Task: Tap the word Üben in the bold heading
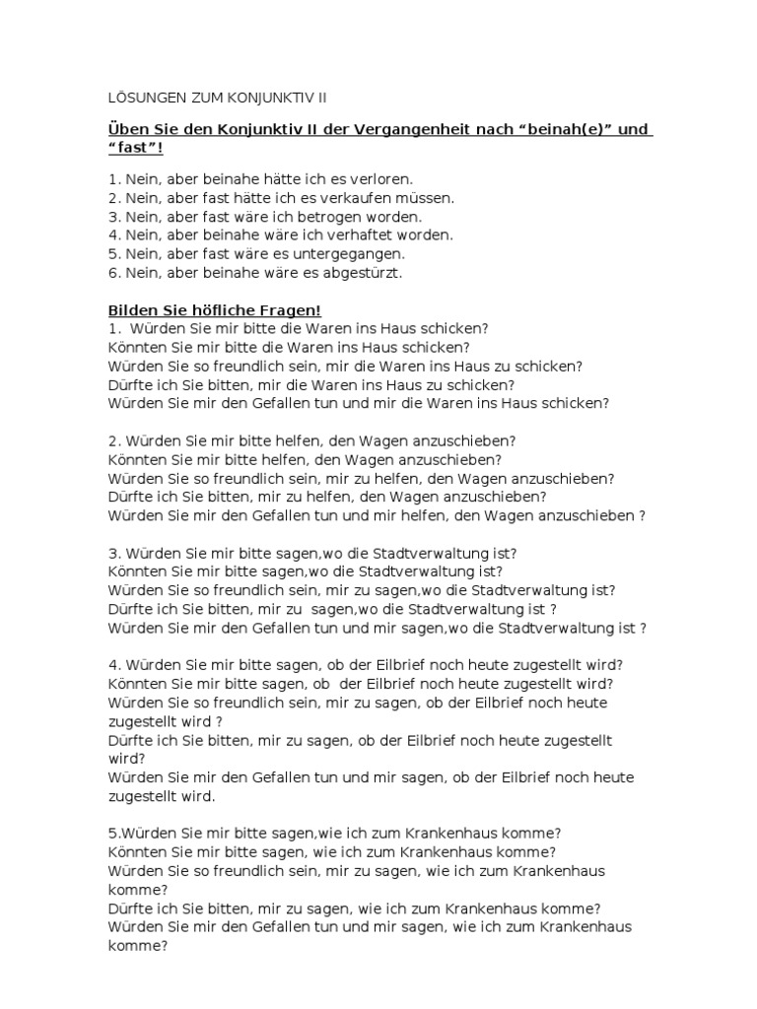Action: [126, 132]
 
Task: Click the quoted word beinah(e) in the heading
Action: [568, 132]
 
